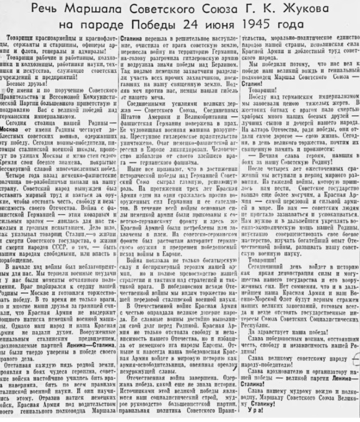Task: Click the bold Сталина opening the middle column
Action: [x=132, y=37]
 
